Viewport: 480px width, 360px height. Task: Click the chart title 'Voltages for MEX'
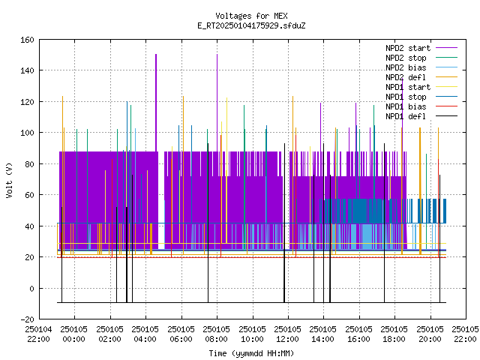251,16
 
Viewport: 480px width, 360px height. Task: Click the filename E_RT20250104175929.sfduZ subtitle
251,25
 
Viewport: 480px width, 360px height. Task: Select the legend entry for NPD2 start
421,48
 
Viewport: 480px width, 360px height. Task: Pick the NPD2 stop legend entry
421,58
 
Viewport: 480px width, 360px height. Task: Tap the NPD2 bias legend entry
421,67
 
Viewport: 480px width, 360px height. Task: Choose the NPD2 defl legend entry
421,77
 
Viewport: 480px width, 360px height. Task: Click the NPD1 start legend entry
421,87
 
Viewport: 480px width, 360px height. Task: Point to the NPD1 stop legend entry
421,97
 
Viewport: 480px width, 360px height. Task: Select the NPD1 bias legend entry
421,106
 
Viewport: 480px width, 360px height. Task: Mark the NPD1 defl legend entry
421,117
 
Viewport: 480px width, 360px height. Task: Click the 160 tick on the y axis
27,40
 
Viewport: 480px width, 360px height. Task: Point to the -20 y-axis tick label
27,319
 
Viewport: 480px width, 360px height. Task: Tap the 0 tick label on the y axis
31,288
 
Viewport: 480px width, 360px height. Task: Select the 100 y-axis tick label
27,133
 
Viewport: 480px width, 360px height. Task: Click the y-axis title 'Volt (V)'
10,180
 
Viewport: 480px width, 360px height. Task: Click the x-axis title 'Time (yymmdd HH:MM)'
251,353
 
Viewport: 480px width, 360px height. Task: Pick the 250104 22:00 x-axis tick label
38,334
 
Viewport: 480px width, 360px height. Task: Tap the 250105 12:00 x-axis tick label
288,334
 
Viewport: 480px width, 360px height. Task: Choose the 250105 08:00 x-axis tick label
217,334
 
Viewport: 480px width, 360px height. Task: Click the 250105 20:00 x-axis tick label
430,334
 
